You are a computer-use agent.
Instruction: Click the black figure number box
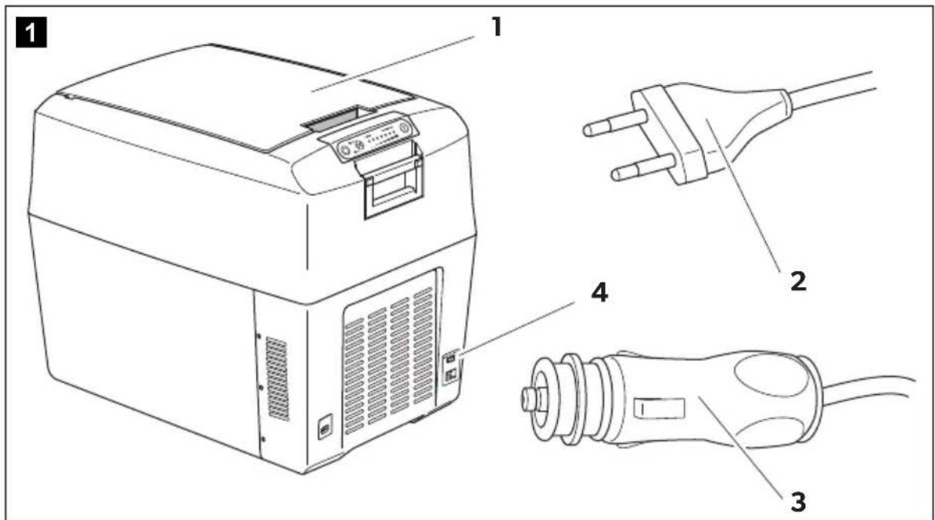(32, 32)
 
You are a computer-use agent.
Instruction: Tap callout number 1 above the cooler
(496, 28)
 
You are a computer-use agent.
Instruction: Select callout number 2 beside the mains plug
(798, 282)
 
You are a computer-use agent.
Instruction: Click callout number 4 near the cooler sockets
(599, 292)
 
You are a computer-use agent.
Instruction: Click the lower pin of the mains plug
(642, 168)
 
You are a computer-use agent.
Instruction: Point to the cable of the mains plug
(832, 90)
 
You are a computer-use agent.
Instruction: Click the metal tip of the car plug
(531, 397)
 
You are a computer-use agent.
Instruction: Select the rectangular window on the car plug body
(659, 407)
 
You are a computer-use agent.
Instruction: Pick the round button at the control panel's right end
(403, 127)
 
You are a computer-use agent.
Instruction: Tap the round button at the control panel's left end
(345, 148)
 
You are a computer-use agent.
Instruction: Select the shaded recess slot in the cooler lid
(333, 119)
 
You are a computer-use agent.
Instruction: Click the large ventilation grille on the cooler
(389, 360)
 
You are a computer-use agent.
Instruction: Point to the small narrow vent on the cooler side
(277, 378)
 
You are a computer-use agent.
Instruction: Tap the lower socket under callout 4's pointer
(451, 375)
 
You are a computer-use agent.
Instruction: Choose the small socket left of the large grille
(325, 426)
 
